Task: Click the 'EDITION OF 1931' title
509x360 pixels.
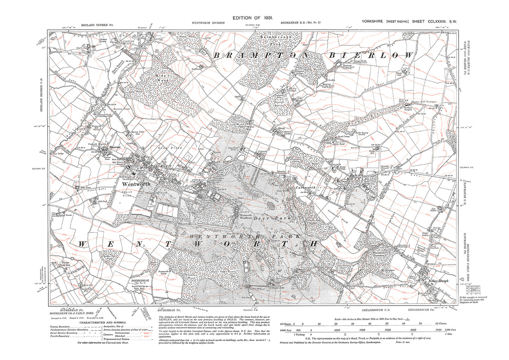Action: click(254, 18)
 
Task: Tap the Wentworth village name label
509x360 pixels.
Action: click(136, 184)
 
